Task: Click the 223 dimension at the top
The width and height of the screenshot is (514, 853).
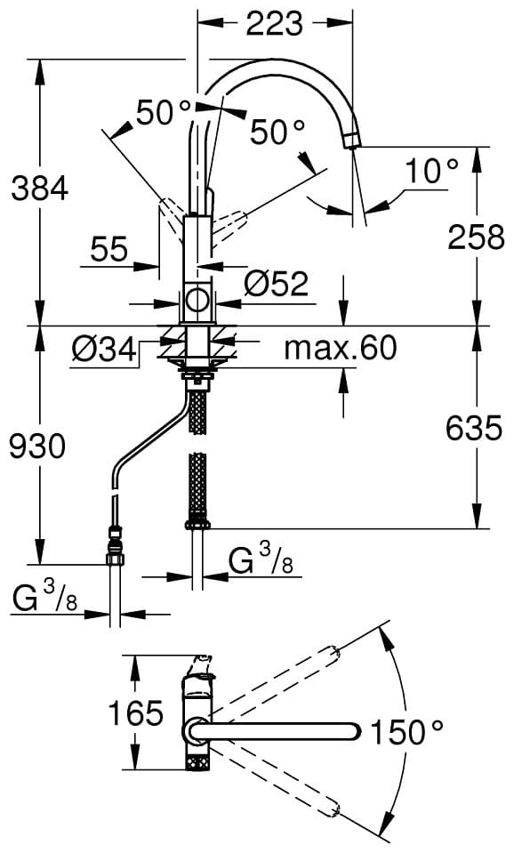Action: pyautogui.click(x=274, y=23)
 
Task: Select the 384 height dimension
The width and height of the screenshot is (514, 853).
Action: pyautogui.click(x=40, y=189)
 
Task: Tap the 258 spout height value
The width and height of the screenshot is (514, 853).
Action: pyautogui.click(x=476, y=237)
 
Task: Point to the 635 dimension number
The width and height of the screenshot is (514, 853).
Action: pyautogui.click(x=474, y=428)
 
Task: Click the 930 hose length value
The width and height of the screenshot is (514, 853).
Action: pyautogui.click(x=38, y=447)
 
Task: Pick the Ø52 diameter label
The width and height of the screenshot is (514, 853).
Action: pyautogui.click(x=276, y=284)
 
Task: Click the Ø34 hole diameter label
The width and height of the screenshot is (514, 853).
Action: pyautogui.click(x=104, y=350)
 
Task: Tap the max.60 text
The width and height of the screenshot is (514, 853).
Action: pyautogui.click(x=341, y=348)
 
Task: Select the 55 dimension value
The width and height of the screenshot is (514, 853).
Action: pyautogui.click(x=109, y=250)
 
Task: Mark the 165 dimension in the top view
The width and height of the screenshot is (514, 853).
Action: pyautogui.click(x=136, y=712)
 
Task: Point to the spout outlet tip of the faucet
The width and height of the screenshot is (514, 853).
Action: pyautogui.click(x=352, y=141)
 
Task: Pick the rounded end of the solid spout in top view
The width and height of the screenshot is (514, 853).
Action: pyautogui.click(x=354, y=731)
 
